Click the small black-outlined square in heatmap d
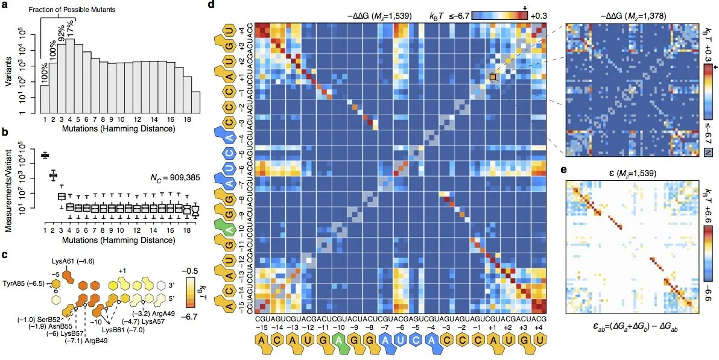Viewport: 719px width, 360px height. pos(493,77)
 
